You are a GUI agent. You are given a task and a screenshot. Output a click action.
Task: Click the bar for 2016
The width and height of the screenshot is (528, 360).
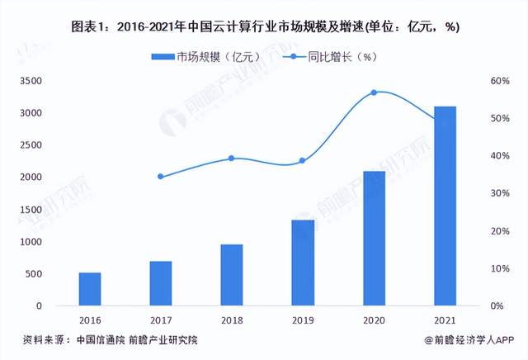click(90, 289)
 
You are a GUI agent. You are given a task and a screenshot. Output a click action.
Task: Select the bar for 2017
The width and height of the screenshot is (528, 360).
click(161, 283)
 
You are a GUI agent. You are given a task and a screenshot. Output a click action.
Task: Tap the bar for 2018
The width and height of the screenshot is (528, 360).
click(232, 275)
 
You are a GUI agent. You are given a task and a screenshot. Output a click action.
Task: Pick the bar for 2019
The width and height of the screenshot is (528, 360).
click(303, 263)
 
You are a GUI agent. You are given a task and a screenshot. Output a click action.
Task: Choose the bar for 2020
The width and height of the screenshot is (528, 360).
click(374, 239)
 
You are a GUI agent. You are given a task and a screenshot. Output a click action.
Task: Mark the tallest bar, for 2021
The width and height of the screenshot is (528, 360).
click(445, 206)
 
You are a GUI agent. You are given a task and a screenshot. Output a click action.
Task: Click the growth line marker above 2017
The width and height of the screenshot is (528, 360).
click(161, 177)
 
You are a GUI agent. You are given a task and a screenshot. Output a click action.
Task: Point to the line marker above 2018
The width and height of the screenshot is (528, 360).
click(232, 158)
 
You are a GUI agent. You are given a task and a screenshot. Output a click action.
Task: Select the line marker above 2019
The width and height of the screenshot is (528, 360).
click(303, 160)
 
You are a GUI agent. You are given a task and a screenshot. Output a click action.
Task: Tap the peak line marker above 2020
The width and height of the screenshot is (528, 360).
click(374, 92)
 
